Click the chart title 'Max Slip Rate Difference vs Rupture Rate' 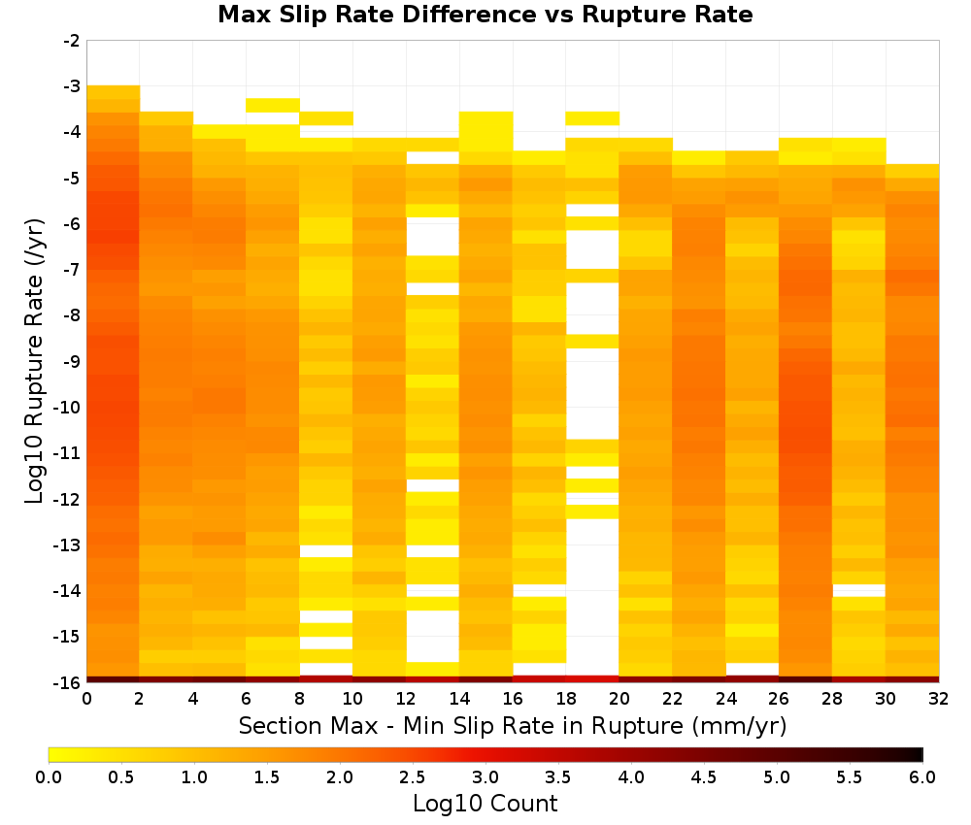[x=485, y=15]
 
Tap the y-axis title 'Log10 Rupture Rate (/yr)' [x=35, y=361]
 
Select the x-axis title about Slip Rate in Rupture [x=513, y=726]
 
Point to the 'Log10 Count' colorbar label [x=485, y=804]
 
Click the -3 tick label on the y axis [x=72, y=86]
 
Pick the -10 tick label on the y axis [x=68, y=408]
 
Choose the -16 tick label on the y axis [x=68, y=682]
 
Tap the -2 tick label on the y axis [x=72, y=41]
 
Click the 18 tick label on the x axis [x=566, y=699]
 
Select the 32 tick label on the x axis [x=939, y=699]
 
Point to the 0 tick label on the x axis [x=86, y=699]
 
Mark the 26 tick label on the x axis [x=779, y=699]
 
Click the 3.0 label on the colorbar [x=485, y=776]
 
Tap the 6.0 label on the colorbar [x=922, y=776]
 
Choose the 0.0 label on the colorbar [x=49, y=776]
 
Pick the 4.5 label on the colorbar [x=704, y=776]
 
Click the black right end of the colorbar [x=919, y=754]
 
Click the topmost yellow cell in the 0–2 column [x=114, y=92]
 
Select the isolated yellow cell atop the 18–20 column [x=592, y=118]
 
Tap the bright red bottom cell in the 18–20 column [x=592, y=679]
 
